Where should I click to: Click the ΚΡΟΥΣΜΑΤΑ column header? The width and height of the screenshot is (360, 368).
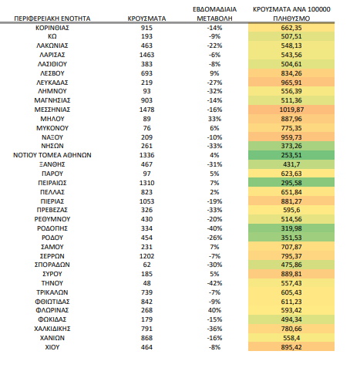point(146,19)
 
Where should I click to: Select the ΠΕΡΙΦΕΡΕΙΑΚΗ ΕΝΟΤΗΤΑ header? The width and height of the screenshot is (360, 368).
point(52,19)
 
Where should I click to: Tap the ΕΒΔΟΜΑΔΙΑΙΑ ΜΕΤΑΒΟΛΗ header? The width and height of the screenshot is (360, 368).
point(214,14)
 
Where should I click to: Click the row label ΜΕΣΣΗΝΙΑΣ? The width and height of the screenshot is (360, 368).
point(52,110)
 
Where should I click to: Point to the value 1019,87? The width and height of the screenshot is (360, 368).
point(291,110)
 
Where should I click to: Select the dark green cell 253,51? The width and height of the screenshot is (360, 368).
point(291,155)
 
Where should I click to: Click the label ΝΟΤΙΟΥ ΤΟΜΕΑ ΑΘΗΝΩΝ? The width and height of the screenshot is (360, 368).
point(52,155)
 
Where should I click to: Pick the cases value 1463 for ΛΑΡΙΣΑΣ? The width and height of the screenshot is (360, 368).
point(146,55)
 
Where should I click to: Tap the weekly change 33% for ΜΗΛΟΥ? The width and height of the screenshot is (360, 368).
point(214,119)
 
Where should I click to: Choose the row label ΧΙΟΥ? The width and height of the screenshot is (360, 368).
point(52,347)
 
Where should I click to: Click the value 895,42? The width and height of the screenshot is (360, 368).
point(291,347)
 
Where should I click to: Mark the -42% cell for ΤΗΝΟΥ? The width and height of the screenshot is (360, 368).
point(214,283)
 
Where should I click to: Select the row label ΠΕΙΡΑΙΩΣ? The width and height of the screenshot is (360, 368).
point(52,183)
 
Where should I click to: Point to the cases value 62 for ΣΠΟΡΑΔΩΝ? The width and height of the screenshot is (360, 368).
point(146,265)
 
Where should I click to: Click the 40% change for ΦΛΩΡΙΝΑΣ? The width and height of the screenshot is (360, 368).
point(214,310)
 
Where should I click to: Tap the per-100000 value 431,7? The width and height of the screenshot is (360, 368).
point(291,164)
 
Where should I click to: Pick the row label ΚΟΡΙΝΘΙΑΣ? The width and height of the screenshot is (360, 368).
point(52,28)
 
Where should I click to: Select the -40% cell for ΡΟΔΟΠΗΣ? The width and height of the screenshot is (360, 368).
point(214,228)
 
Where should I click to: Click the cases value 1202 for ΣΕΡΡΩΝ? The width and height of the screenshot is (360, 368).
point(146,256)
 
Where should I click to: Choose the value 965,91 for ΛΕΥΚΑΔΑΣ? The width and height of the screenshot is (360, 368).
point(291,83)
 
